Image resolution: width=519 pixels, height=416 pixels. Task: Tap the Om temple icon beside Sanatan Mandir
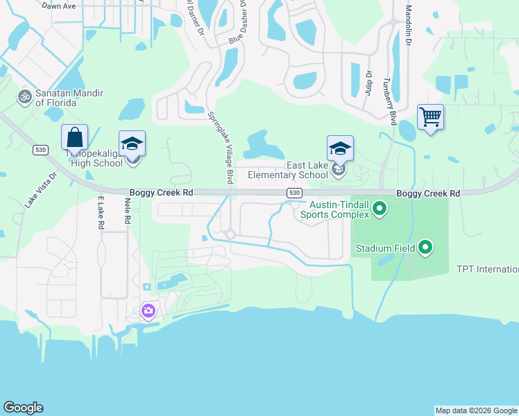click(25, 96)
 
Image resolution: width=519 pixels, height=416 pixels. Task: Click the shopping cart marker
click(430, 118)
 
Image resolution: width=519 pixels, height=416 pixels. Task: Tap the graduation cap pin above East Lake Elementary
click(340, 148)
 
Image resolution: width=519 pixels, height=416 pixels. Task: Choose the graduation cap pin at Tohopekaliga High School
click(133, 144)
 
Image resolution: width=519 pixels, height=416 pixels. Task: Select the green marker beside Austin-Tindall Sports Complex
click(380, 207)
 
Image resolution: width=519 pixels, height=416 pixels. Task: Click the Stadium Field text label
click(385, 248)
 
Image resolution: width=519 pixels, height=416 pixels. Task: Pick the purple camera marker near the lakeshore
click(148, 311)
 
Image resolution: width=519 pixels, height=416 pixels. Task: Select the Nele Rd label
click(128, 210)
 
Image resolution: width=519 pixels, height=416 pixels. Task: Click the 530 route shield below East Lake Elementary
click(293, 193)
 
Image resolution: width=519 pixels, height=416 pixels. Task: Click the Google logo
click(23, 408)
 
